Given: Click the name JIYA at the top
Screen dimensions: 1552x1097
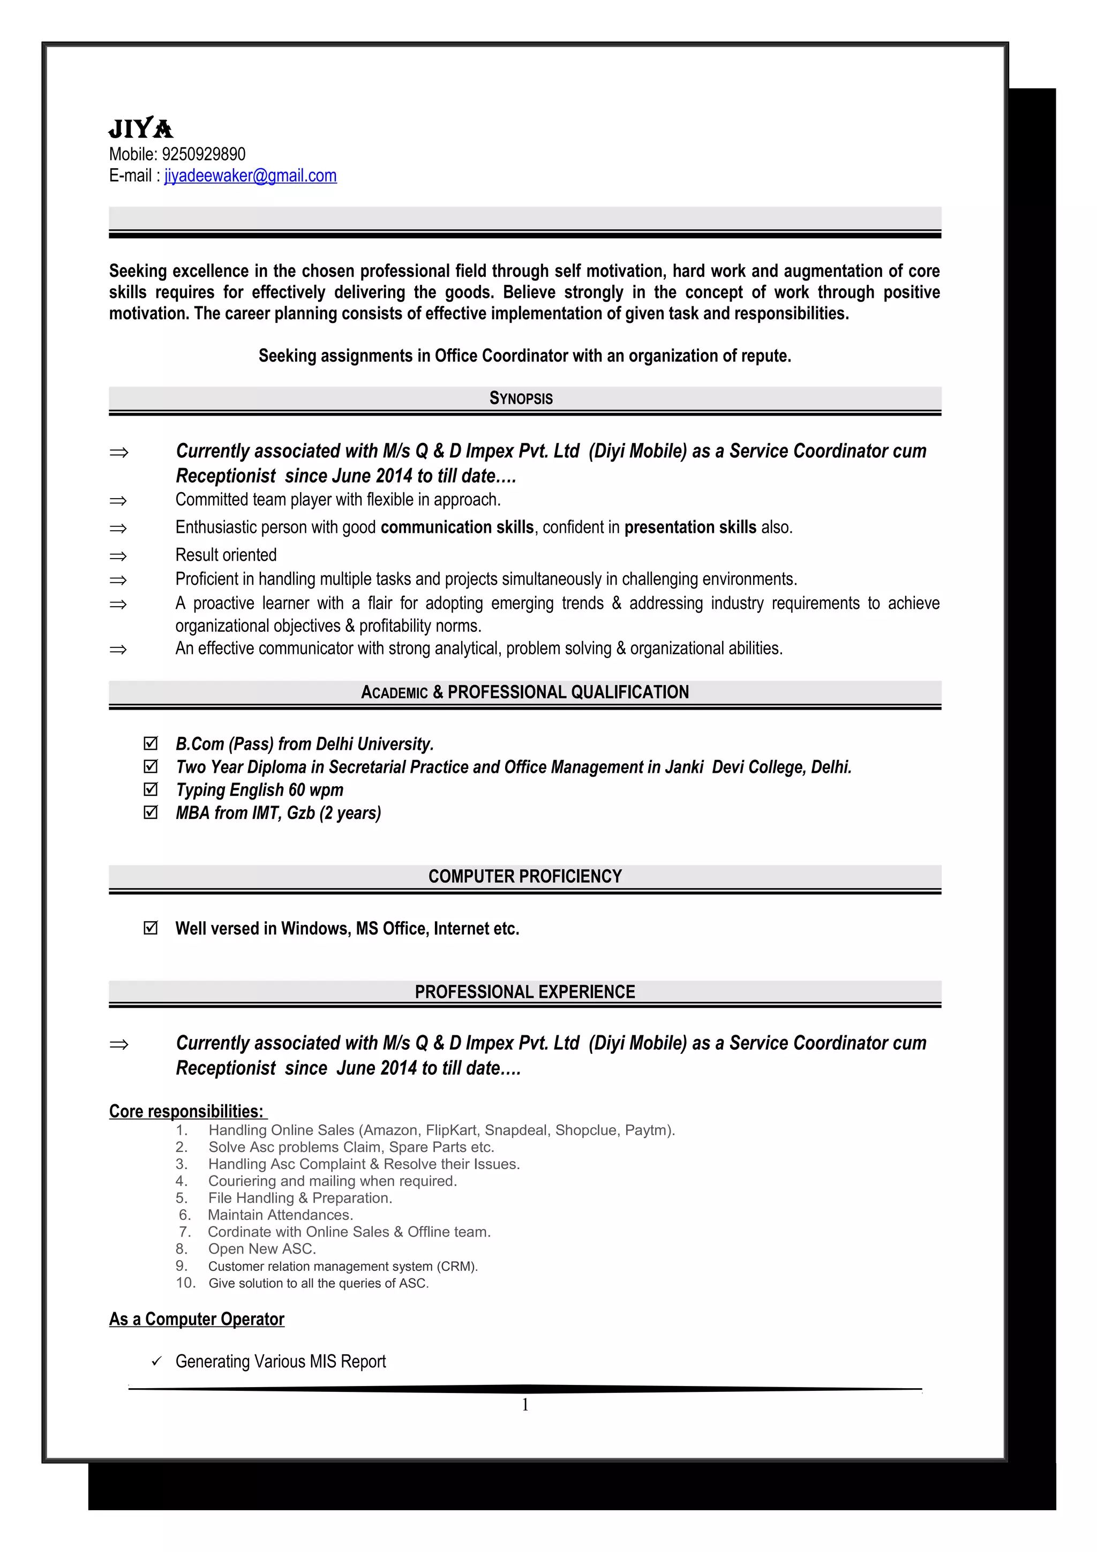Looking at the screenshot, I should (x=140, y=129).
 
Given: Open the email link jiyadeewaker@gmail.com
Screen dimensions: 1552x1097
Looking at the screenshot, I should (x=250, y=176).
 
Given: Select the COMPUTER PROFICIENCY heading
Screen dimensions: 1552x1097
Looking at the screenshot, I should (x=524, y=876).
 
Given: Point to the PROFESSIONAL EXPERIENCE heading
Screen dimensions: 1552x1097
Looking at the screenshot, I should (x=524, y=992).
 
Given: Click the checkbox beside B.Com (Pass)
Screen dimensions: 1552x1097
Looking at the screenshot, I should (x=151, y=743).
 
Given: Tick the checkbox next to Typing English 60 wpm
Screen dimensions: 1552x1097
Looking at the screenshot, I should (x=151, y=789).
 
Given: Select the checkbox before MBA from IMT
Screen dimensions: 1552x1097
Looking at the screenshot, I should (x=151, y=812).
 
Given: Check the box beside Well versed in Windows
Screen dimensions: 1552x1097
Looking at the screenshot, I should (x=151, y=928).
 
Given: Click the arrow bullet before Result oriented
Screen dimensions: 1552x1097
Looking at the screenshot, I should (x=118, y=556).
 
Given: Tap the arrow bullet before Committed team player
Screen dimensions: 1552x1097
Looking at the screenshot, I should (x=118, y=501).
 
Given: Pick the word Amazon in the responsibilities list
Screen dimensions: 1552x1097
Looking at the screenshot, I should (x=390, y=1130).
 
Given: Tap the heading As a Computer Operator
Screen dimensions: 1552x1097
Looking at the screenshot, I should (x=197, y=1319).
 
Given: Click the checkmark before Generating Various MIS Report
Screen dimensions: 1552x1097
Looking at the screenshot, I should (x=157, y=1361).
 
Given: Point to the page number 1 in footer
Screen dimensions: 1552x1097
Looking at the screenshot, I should (x=525, y=1405).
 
